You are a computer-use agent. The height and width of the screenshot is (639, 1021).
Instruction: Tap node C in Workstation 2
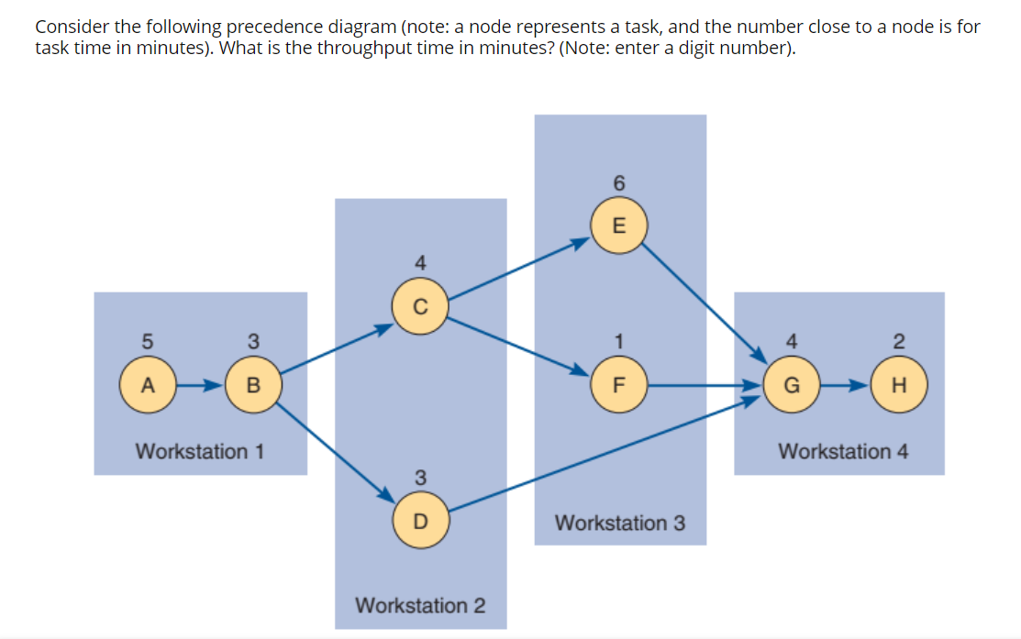pos(420,307)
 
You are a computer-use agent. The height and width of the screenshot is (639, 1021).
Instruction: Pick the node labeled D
pos(420,522)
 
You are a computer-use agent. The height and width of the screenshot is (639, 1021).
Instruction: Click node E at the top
pos(619,226)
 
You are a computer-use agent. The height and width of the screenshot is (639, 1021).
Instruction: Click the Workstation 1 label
pos(200,451)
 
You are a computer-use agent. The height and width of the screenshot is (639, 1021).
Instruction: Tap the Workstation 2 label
pos(420,605)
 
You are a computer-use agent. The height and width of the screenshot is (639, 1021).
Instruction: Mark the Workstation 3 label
pos(619,523)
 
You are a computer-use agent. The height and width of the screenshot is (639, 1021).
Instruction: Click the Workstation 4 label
pos(843,451)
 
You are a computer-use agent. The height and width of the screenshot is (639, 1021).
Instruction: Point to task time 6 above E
pos(619,184)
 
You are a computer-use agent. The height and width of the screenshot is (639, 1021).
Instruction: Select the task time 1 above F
pos(619,342)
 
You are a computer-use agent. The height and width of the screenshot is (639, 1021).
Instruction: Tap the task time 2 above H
pos(900,342)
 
